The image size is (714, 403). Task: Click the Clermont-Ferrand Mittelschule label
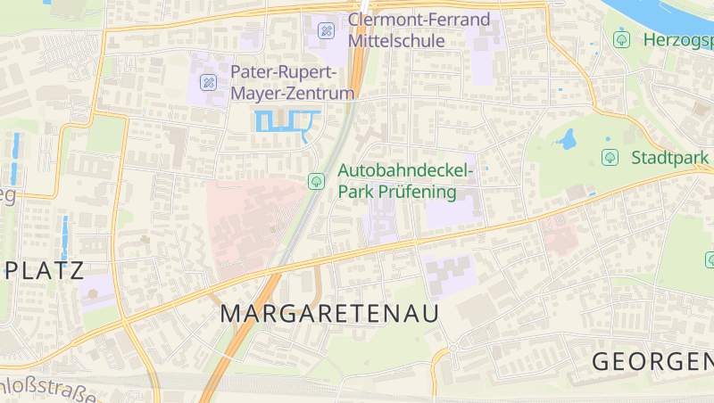[419, 30]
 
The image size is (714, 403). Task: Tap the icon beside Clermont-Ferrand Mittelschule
[327, 30]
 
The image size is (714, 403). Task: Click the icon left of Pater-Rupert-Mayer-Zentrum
[209, 82]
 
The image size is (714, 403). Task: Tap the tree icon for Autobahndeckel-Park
[316, 181]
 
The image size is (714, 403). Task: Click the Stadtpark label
[670, 158]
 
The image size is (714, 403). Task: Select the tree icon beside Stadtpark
[610, 158]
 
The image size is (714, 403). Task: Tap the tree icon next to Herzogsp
[622, 39]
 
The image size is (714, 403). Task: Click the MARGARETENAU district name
[330, 314]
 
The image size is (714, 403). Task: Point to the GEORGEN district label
[652, 362]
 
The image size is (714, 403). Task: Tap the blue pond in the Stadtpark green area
[566, 139]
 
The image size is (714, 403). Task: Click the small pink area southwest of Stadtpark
[559, 234]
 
